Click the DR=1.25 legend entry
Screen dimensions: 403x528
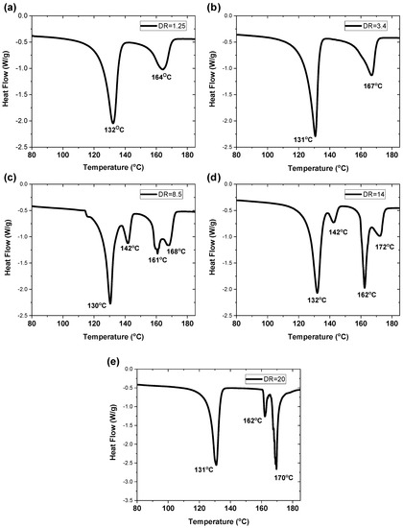tap(163, 26)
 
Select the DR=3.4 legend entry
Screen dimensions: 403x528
tap(366, 26)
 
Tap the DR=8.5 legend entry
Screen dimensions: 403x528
tap(162, 194)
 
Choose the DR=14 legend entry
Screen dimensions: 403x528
tap(365, 194)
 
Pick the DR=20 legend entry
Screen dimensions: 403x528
tap(266, 379)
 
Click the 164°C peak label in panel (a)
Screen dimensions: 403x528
tap(161, 77)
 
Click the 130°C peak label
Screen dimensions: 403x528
tap(97, 305)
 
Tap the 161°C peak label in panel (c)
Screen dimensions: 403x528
tap(157, 260)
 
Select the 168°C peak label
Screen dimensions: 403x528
tap(177, 252)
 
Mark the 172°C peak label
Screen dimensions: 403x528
tap(385, 247)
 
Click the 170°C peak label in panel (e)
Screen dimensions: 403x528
tap(283, 478)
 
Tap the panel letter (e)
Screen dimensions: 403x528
tap(110, 362)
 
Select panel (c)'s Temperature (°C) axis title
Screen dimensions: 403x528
tap(113, 336)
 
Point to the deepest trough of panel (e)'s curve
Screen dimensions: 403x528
tap(276, 468)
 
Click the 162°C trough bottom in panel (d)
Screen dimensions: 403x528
tap(365, 288)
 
